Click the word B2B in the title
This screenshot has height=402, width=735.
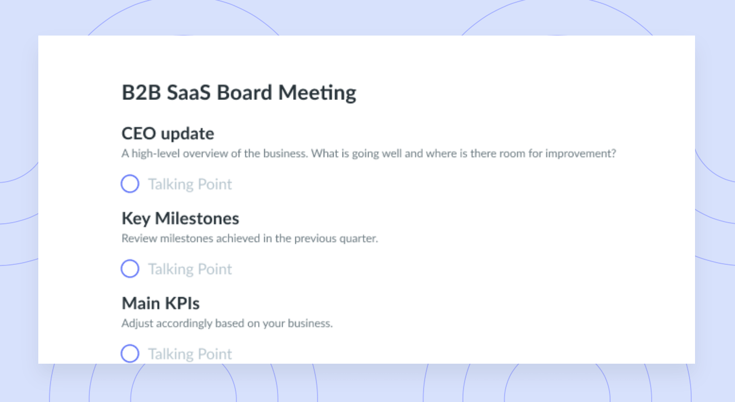pyautogui.click(x=142, y=92)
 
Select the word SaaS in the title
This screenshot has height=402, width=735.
pyautogui.click(x=189, y=92)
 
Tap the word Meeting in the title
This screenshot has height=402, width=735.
pyautogui.click(x=318, y=93)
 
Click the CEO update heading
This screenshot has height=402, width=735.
pyautogui.click(x=168, y=134)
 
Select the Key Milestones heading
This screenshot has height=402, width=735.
pyautogui.click(x=180, y=218)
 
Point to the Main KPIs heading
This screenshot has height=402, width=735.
pyautogui.click(x=160, y=303)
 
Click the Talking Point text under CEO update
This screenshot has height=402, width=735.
pyautogui.click(x=190, y=184)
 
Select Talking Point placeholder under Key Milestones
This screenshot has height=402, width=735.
pyautogui.click(x=190, y=269)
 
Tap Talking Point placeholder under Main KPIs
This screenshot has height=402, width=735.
pyautogui.click(x=190, y=354)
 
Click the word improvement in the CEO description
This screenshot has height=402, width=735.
pyautogui.click(x=581, y=154)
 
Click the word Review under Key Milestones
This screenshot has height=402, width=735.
pyautogui.click(x=139, y=238)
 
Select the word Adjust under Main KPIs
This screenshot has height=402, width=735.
pyautogui.click(x=138, y=324)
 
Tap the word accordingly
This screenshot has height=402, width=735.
pyautogui.click(x=184, y=324)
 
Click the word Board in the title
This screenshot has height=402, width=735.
pyautogui.click(x=244, y=92)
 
